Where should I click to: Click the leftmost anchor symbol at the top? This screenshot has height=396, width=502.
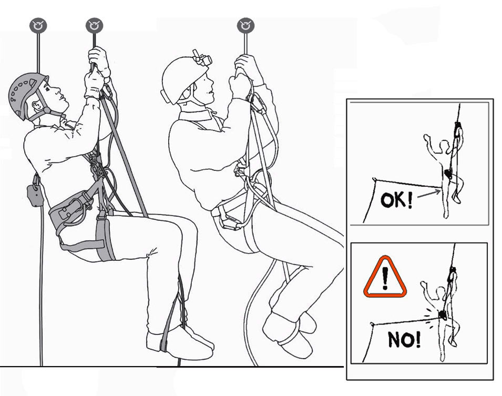point(38,25)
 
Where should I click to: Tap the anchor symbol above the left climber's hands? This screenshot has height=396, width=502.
point(94,25)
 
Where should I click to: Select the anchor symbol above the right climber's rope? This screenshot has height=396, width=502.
point(245,25)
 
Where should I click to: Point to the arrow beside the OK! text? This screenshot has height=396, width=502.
point(431,194)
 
